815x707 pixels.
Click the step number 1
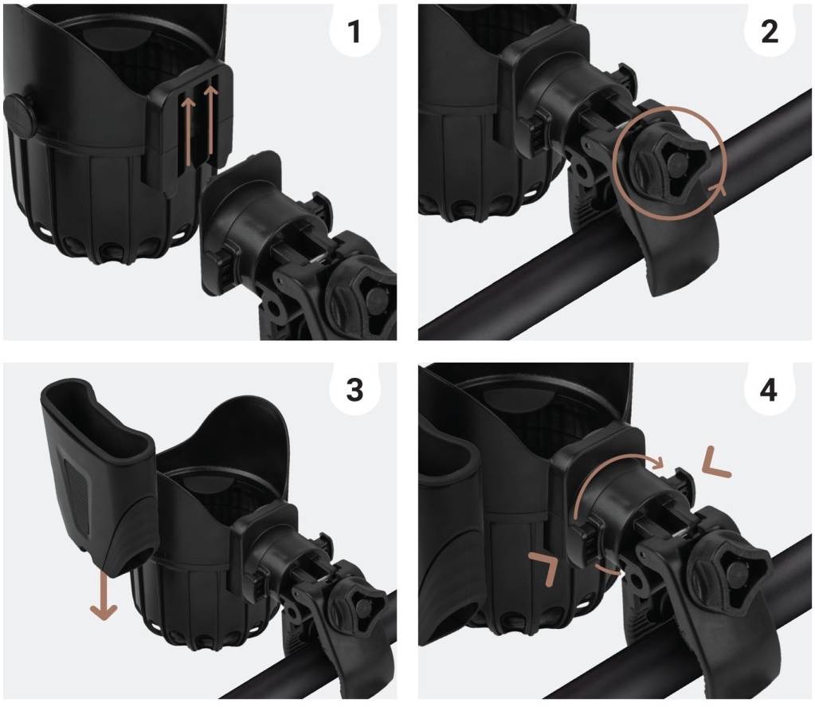pyautogui.click(x=355, y=32)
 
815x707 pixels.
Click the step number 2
pyautogui.click(x=770, y=32)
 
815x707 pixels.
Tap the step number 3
pyautogui.click(x=355, y=390)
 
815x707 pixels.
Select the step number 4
pyautogui.click(x=769, y=390)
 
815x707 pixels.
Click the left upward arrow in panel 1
pyautogui.click(x=188, y=132)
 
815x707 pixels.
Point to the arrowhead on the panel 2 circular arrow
pyautogui.click(x=715, y=188)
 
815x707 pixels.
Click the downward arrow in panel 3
pyautogui.click(x=104, y=595)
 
